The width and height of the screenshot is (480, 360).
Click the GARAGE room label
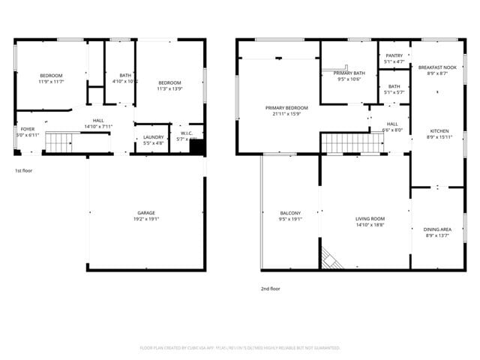pos(146,213)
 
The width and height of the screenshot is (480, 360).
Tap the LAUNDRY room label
pos(154,136)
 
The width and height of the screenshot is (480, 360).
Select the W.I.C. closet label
pos(187,133)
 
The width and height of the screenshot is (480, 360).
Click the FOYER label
pos(28,129)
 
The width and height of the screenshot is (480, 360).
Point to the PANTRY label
pos(394,55)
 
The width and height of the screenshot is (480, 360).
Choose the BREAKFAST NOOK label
pos(437,67)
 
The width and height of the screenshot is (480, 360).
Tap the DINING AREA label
pos(437,229)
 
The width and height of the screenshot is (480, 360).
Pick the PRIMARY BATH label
pos(349,73)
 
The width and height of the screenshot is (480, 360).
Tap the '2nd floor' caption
pos(271,287)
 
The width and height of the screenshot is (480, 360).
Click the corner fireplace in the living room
pos(330,259)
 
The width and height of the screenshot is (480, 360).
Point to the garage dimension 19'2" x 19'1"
pos(147,218)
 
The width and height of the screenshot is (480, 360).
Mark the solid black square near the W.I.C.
pos(196,148)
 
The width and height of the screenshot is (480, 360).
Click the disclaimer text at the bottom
pos(239,347)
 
